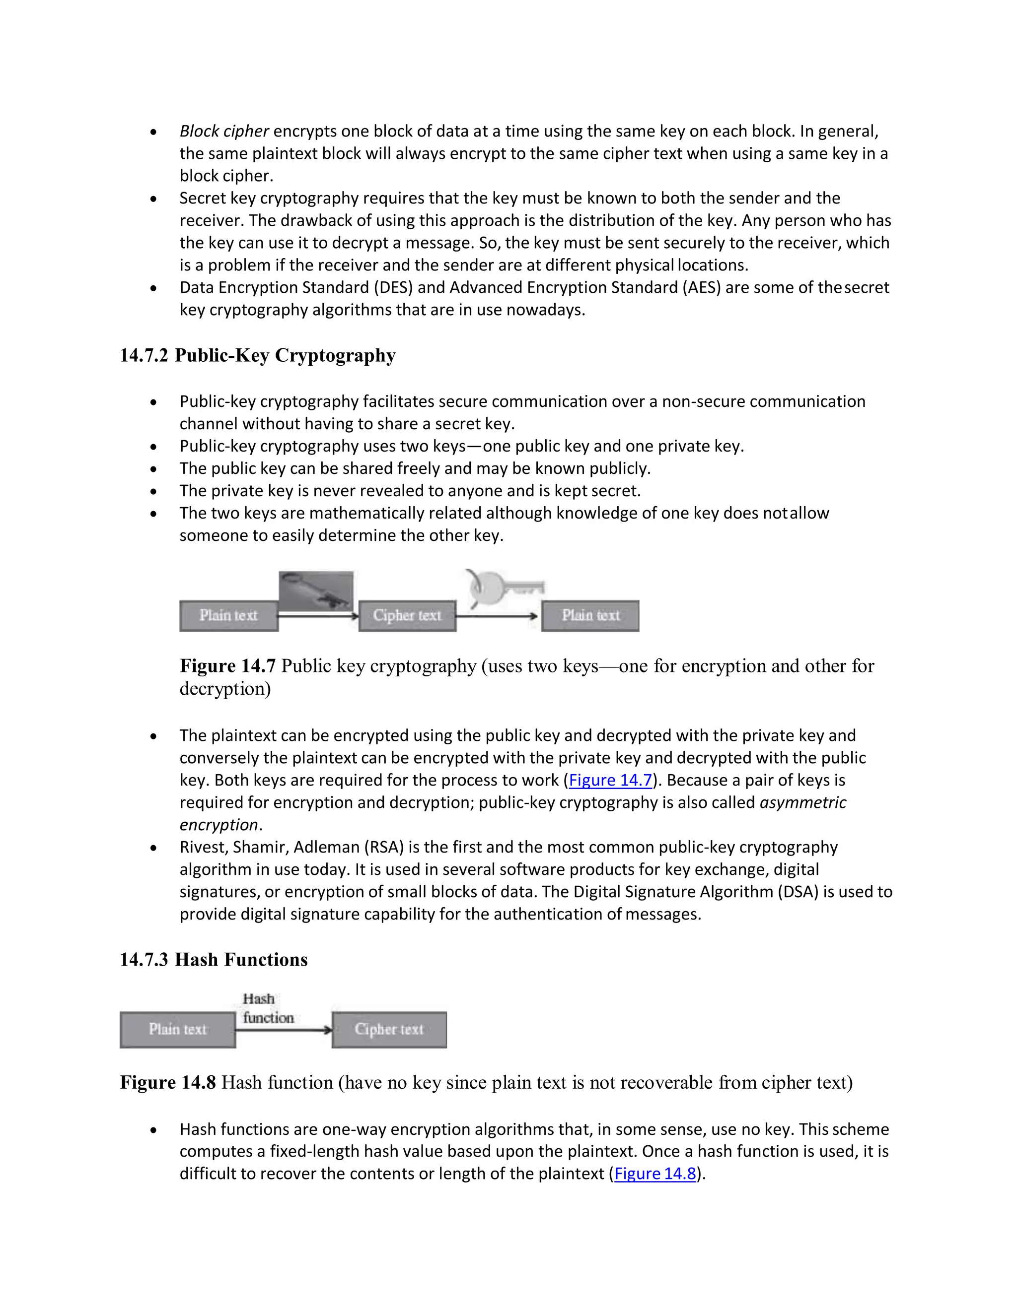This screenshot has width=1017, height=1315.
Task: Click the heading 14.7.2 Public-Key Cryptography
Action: (257, 355)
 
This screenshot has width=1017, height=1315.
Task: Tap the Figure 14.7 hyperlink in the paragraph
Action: (610, 781)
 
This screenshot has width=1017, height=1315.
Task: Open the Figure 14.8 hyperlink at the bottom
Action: (655, 1174)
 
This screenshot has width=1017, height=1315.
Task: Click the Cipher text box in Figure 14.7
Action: (407, 615)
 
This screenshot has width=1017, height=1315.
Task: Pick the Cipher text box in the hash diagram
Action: (389, 1030)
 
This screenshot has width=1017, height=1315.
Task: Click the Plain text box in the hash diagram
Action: (178, 1030)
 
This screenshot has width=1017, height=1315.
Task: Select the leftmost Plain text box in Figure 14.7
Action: (228, 615)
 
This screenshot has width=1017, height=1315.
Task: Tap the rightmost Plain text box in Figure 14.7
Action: (590, 615)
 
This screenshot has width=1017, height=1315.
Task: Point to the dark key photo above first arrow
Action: (316, 590)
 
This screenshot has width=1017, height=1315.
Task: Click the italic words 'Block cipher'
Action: (223, 131)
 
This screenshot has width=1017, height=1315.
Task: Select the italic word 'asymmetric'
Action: (802, 802)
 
